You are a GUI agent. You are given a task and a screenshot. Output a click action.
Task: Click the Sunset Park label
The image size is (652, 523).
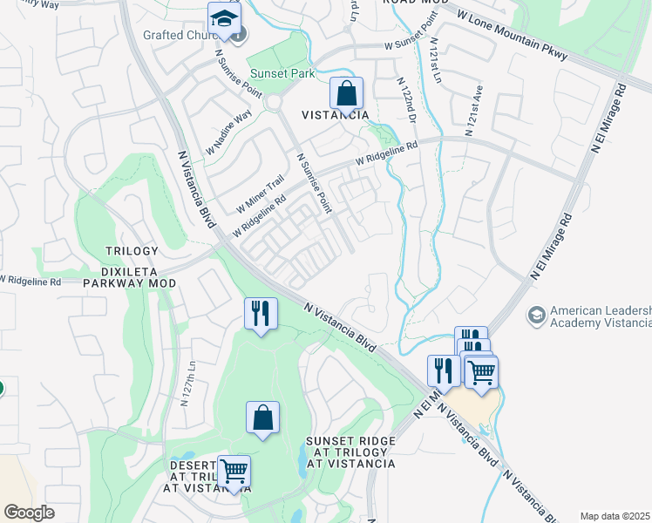282,74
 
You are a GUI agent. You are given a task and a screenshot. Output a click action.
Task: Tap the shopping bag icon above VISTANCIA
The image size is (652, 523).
346,93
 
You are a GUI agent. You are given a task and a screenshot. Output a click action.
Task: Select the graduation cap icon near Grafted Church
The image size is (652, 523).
224,19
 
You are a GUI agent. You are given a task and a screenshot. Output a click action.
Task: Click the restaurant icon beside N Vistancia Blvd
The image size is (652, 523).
260,313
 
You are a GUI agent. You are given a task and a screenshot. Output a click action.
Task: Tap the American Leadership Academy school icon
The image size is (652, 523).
536,313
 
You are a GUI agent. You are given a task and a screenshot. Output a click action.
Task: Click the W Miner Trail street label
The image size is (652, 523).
261,194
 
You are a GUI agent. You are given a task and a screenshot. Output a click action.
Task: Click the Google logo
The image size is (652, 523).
29,513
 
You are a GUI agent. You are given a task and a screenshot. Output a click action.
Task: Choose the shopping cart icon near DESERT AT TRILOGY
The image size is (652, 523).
233,472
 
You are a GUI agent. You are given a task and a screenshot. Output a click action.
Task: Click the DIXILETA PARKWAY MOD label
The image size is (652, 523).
129,283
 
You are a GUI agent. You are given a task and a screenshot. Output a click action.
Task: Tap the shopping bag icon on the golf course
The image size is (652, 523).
262,418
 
